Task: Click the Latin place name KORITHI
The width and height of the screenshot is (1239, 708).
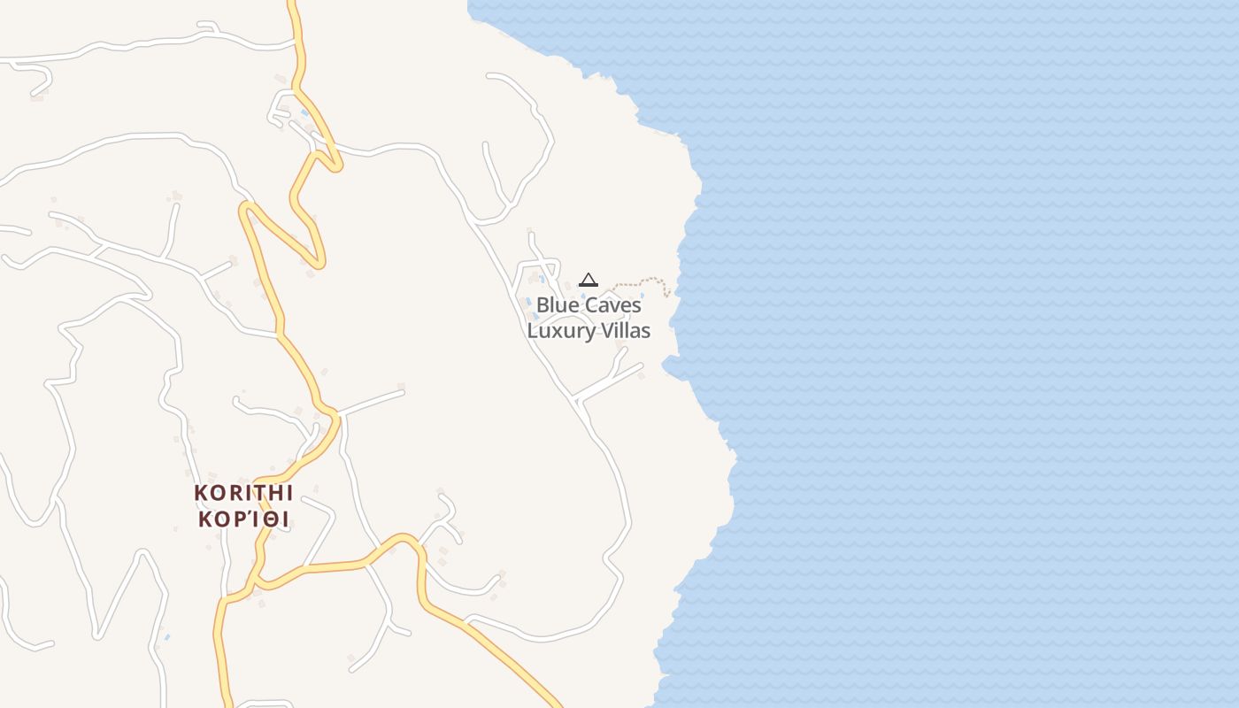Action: (x=243, y=493)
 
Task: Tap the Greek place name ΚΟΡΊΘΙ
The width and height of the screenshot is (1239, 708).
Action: (x=243, y=519)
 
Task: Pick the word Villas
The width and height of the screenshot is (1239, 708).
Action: (x=626, y=331)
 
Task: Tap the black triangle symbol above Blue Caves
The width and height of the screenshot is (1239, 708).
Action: (x=589, y=281)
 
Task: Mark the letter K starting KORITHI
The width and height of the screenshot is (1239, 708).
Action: (x=200, y=493)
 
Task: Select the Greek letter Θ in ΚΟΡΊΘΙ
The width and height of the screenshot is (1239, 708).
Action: (x=268, y=519)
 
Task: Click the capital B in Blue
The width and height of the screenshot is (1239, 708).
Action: (x=543, y=305)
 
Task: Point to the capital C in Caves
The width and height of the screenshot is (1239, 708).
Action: (x=589, y=305)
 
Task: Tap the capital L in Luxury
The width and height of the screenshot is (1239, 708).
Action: (x=533, y=331)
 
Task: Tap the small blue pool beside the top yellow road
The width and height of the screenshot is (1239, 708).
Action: (x=305, y=113)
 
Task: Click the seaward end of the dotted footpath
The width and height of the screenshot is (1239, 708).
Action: (x=668, y=292)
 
